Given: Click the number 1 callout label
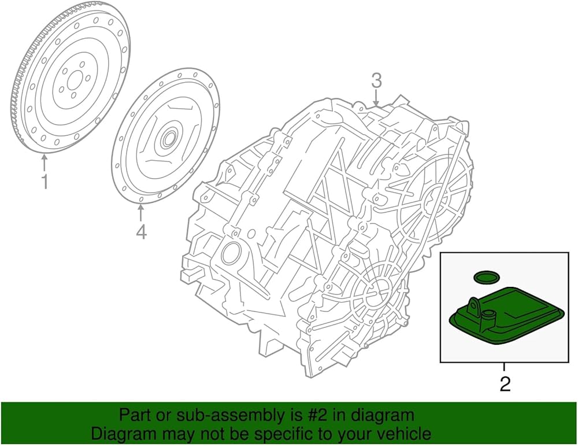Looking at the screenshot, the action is click(45, 182).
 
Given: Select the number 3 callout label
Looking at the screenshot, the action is click(376, 81).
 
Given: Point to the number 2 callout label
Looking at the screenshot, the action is click(505, 384).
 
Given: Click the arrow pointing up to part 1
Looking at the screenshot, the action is click(45, 163).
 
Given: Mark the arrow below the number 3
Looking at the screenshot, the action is click(376, 98).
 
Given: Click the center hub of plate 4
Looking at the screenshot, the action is click(169, 139).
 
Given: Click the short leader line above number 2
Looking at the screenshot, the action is click(505, 367).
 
